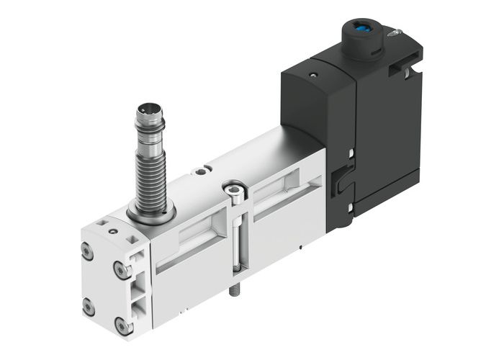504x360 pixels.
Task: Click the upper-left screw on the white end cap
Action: pyautogui.click(x=88, y=253)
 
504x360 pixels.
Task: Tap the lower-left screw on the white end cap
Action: pyautogui.click(x=89, y=306)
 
